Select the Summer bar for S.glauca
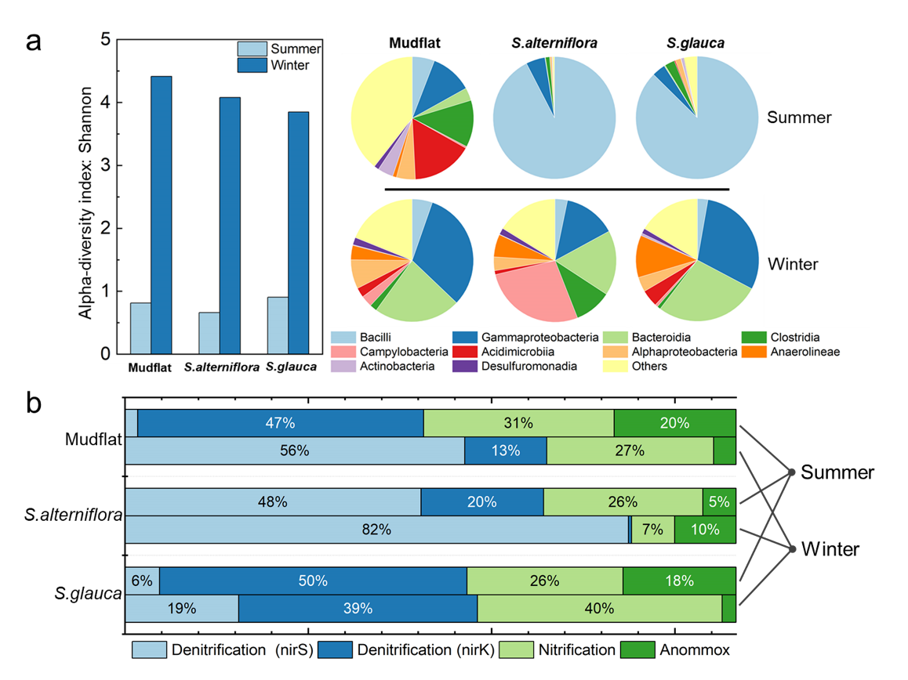(278, 325)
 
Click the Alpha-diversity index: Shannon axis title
(85, 197)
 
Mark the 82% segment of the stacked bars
(376, 530)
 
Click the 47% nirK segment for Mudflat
(280, 423)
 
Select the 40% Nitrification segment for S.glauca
(599, 608)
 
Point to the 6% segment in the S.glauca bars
(142, 581)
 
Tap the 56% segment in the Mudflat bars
(295, 450)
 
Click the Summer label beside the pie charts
(799, 118)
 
